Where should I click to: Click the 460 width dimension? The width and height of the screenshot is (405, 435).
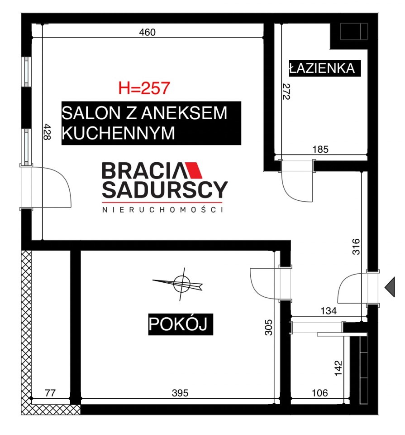point(147,32)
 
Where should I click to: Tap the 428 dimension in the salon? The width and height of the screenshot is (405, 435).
point(47,132)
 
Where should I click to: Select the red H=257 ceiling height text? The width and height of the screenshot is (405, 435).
point(144,88)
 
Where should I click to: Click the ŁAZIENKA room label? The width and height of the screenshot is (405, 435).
point(322,68)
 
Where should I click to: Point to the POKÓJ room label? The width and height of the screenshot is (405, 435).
point(178,324)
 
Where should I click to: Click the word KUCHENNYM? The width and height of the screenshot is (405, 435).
point(118,133)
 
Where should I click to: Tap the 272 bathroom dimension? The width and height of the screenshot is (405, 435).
point(286,92)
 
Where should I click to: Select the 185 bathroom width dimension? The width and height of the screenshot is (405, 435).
point(320,149)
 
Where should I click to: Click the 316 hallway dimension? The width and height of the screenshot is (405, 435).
point(356,246)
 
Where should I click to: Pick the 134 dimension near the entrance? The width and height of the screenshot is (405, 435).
point(329,311)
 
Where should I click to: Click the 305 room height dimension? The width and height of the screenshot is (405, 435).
point(268,327)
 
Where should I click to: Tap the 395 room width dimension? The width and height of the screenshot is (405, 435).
point(180,393)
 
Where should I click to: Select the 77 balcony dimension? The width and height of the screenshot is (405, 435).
point(50,393)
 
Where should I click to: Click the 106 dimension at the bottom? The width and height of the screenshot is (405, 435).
point(319,393)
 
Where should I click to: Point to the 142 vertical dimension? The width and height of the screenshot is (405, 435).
point(338,368)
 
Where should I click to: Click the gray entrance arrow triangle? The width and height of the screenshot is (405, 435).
point(391,287)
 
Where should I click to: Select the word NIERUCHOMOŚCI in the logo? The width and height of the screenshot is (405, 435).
point(163,209)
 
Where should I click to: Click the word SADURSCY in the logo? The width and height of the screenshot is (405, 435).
point(165,190)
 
